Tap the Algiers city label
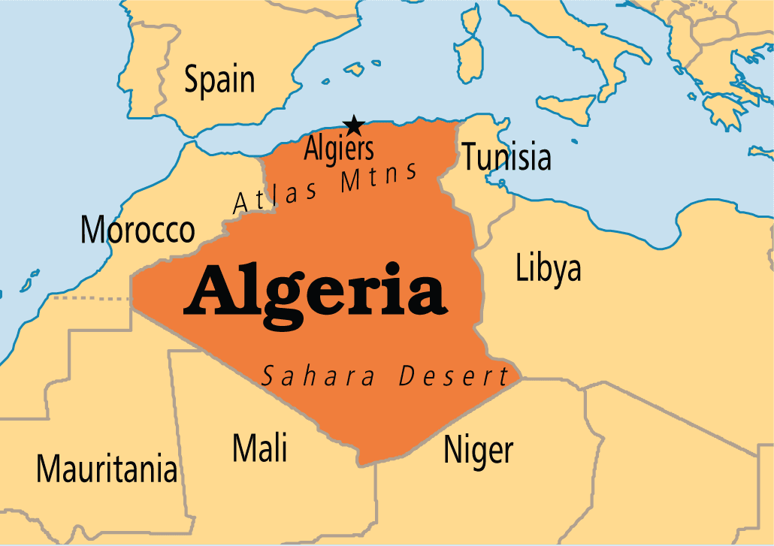[338, 149]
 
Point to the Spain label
[219, 80]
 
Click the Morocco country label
[138, 230]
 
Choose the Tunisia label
[506, 158]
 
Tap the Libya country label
[548, 268]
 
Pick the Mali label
[259, 448]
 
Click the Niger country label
[478, 450]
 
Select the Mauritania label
[107, 469]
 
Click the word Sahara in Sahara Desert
[318, 376]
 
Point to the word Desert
[454, 376]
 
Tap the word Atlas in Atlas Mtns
[275, 195]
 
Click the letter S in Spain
[192, 80]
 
